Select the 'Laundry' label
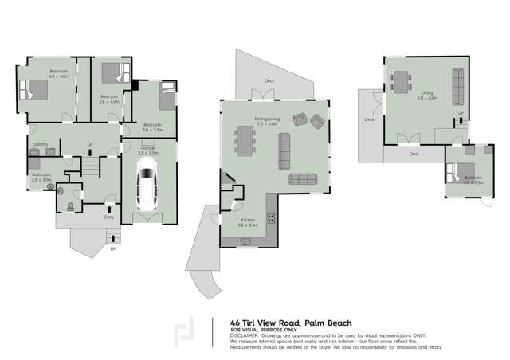tap(41, 144)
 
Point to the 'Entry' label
tap(109, 215)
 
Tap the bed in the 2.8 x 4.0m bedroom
tap(116, 74)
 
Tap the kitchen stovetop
tap(272, 217)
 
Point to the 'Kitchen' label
tap(247, 219)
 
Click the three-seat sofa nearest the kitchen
tap(304, 178)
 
